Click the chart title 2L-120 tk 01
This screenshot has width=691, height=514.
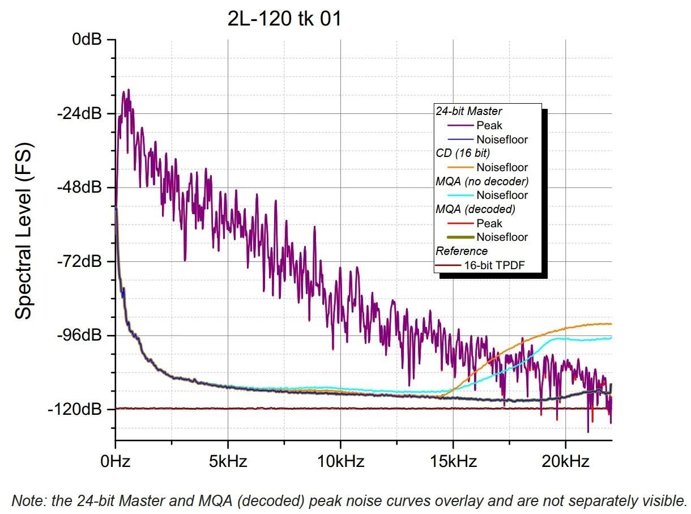(x=285, y=19)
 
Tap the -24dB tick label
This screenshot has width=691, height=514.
(x=80, y=114)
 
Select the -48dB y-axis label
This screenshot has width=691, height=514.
(x=80, y=188)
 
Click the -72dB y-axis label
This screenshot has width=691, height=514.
(x=80, y=262)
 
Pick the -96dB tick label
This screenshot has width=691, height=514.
(x=80, y=335)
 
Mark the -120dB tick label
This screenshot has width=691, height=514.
(x=77, y=409)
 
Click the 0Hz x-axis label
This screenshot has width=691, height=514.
(x=116, y=461)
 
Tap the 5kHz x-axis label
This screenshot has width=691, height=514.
(x=228, y=461)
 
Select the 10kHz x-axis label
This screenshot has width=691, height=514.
(x=340, y=461)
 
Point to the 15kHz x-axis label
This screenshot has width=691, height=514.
(x=453, y=461)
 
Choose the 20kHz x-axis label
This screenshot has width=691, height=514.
(x=565, y=461)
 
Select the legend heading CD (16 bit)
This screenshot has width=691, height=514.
(x=463, y=153)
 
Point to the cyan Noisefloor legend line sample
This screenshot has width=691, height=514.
(x=459, y=196)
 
